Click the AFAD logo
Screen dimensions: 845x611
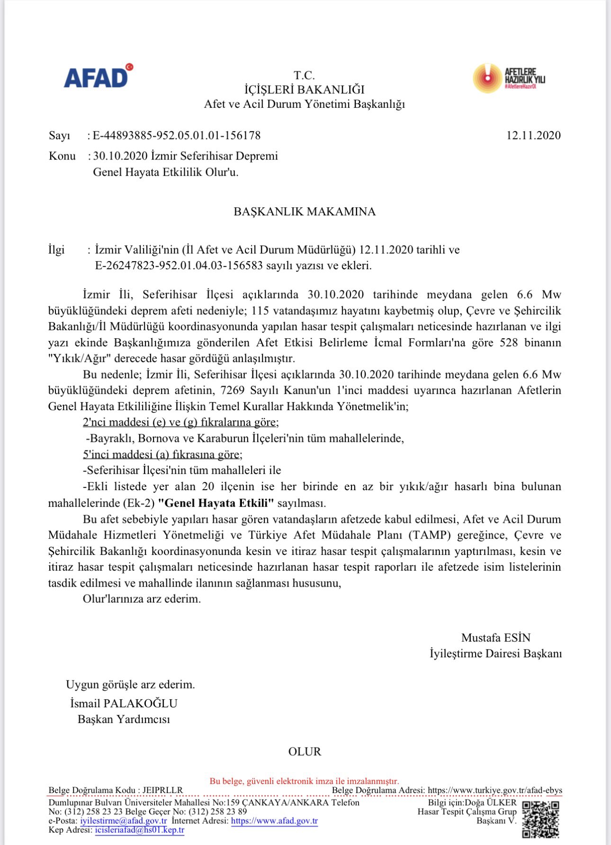[x=98, y=77]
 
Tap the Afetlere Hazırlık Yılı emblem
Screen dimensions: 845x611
[x=509, y=78]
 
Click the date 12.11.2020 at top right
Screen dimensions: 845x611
[x=533, y=135]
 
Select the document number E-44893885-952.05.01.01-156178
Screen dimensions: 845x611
[x=177, y=135]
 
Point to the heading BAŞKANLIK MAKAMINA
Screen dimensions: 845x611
[x=305, y=211]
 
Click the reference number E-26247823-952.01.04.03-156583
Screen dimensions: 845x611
[x=179, y=265]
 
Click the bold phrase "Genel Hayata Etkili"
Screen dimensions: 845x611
[x=216, y=502]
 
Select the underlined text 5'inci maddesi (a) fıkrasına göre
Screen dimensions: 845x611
[x=162, y=455]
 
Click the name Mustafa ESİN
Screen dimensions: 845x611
[x=496, y=638]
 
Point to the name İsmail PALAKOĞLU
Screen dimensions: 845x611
[x=124, y=704]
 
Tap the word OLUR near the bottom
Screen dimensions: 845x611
[x=305, y=752]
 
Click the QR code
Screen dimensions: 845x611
[x=540, y=819]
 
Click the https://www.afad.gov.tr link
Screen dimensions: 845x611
[x=274, y=821]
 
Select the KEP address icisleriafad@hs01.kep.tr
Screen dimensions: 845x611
[x=139, y=830]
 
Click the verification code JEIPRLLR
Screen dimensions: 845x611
[x=162, y=790]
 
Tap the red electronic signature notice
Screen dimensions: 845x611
[x=305, y=781]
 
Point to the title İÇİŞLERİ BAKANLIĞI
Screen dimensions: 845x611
[x=305, y=89]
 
